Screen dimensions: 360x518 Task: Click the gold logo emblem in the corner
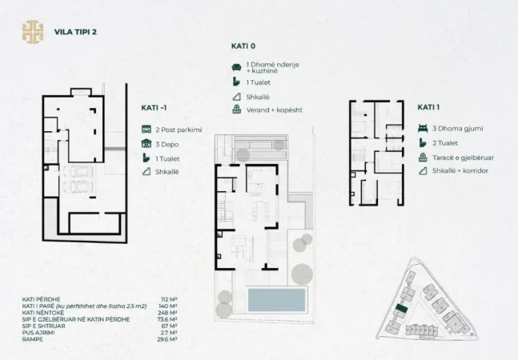(x=33, y=32)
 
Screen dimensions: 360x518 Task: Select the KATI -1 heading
(x=155, y=108)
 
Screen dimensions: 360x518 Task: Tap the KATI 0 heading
(x=243, y=47)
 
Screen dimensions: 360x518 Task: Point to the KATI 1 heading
(x=431, y=106)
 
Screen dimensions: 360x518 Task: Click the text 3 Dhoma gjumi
(x=457, y=128)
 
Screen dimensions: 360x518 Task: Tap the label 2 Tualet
(x=445, y=142)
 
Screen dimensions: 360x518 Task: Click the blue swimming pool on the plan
(x=276, y=301)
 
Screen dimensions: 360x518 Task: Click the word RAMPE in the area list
(x=33, y=338)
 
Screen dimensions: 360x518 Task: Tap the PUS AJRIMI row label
(x=38, y=332)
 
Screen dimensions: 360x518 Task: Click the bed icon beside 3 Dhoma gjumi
(x=422, y=128)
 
